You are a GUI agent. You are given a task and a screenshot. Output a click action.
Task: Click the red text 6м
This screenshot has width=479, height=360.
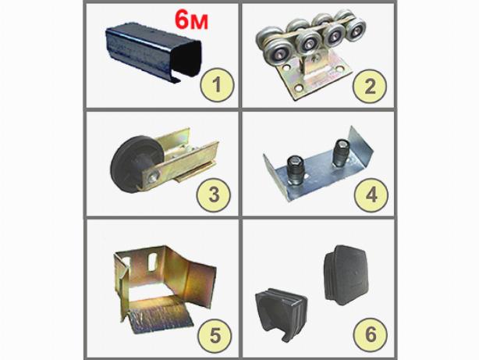(191, 20)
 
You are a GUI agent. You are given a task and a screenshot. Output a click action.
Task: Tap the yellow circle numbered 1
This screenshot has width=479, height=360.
(217, 85)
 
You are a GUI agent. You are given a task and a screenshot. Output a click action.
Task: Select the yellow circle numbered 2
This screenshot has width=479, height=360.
(370, 86)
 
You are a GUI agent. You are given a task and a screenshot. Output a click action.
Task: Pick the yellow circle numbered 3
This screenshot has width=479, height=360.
(214, 194)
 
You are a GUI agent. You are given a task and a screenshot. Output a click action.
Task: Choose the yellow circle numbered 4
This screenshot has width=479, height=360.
(371, 194)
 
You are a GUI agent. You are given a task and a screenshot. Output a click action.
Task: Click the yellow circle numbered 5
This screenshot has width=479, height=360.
(215, 335)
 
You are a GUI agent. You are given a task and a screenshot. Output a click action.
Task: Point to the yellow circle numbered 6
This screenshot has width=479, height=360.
(371, 334)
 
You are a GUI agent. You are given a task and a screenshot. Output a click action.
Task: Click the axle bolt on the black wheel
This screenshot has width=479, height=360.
(153, 177)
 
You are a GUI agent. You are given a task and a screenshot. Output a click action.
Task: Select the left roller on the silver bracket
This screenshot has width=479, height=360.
(294, 170)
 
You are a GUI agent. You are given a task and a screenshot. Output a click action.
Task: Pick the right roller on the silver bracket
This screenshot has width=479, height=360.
(340, 153)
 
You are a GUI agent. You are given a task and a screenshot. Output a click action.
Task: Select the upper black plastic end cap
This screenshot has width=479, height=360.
(346, 275)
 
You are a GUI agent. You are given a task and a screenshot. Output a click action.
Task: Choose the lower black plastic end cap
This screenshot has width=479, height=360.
(281, 313)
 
